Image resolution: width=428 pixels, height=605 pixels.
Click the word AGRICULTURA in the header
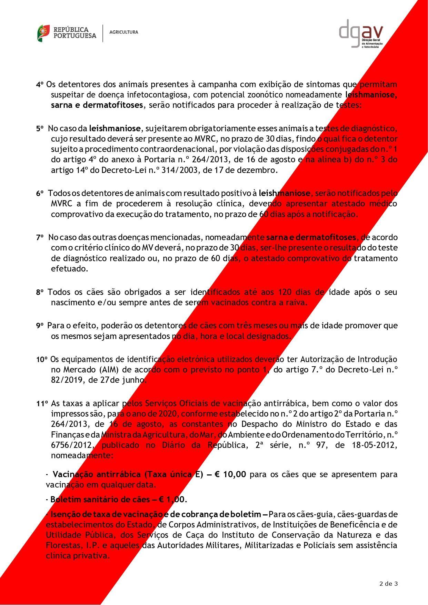coord(123,32)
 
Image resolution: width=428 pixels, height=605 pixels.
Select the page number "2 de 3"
coord(388,584)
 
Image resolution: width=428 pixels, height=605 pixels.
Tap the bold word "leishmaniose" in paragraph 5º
coord(115,129)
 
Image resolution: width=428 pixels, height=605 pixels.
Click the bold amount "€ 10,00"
coord(230,474)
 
